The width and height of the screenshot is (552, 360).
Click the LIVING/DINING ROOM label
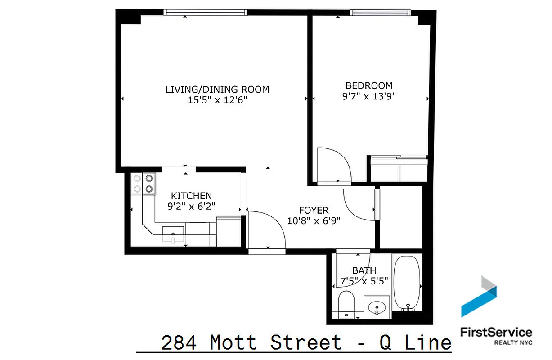coord(217,89)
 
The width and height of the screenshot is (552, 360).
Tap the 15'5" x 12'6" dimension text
coord(217,100)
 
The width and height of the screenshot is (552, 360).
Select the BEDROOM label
coord(369,85)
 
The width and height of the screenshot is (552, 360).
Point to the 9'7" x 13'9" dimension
coord(369,96)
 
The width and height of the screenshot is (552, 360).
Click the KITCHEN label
coord(191,196)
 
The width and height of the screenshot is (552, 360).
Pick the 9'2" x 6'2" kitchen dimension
coord(191,206)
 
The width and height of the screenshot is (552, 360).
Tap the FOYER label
coord(314,210)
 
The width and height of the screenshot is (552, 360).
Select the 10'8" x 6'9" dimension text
coord(314,220)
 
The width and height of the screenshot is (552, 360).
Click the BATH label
coord(364,270)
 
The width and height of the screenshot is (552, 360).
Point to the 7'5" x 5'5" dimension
coord(364,281)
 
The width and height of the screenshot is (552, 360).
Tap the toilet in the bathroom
coord(346,304)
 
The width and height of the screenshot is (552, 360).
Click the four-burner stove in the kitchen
coord(144,184)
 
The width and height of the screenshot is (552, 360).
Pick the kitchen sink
coord(173,233)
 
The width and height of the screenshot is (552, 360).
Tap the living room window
coord(205,12)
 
